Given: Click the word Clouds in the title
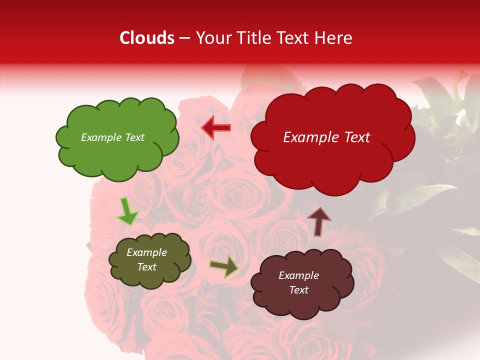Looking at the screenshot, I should click(x=147, y=38).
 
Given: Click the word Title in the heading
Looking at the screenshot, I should click(x=253, y=38).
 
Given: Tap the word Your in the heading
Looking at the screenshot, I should click(x=213, y=38).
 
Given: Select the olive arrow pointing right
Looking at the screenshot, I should click(x=224, y=266).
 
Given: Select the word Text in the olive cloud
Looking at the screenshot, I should click(x=147, y=267).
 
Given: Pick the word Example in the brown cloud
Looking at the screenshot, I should click(x=298, y=275).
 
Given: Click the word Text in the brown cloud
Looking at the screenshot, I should click(x=298, y=290).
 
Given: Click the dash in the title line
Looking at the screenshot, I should click(x=184, y=38).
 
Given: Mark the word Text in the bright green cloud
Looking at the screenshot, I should click(x=134, y=137).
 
